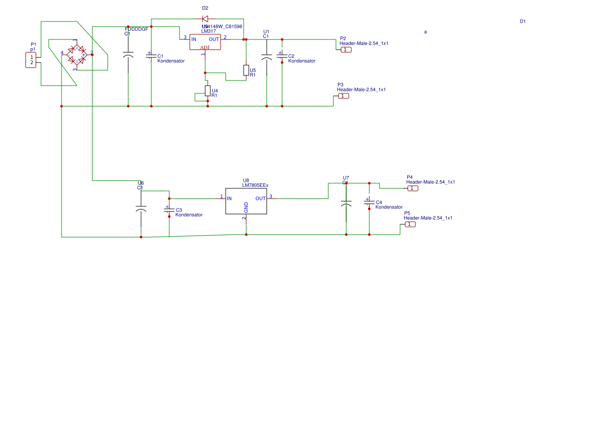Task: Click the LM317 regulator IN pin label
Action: (x=194, y=39)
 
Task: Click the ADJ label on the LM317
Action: (x=205, y=47)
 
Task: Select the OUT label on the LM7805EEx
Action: (x=261, y=199)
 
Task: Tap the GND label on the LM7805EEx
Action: (x=246, y=207)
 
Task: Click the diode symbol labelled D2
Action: (x=205, y=20)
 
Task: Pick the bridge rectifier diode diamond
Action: (x=77, y=54)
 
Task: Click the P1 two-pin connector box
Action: (x=31, y=60)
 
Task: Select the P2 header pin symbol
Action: (x=346, y=50)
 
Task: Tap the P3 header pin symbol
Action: (x=344, y=96)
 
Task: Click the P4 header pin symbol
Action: (x=413, y=188)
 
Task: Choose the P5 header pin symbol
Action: (x=410, y=224)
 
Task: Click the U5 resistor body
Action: (x=246, y=70)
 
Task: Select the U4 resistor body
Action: (x=208, y=91)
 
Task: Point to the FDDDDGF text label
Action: (x=136, y=29)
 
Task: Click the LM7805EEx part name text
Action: (x=255, y=185)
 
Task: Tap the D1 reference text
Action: (x=523, y=22)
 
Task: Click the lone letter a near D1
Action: (x=425, y=32)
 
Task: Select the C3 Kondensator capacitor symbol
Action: (x=169, y=209)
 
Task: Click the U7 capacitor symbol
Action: (x=346, y=204)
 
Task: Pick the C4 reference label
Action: (x=379, y=202)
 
